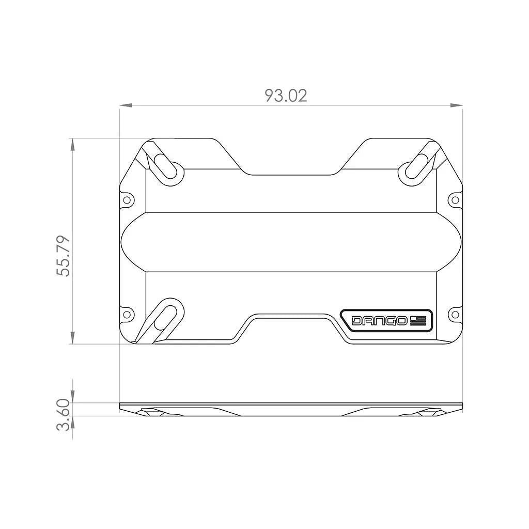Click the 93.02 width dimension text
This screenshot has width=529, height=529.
click(286, 95)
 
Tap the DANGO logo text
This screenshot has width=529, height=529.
click(379, 321)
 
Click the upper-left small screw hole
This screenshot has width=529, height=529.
click(127, 199)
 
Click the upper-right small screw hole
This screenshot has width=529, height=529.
click(455, 199)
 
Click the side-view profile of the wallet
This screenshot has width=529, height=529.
click(291, 410)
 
